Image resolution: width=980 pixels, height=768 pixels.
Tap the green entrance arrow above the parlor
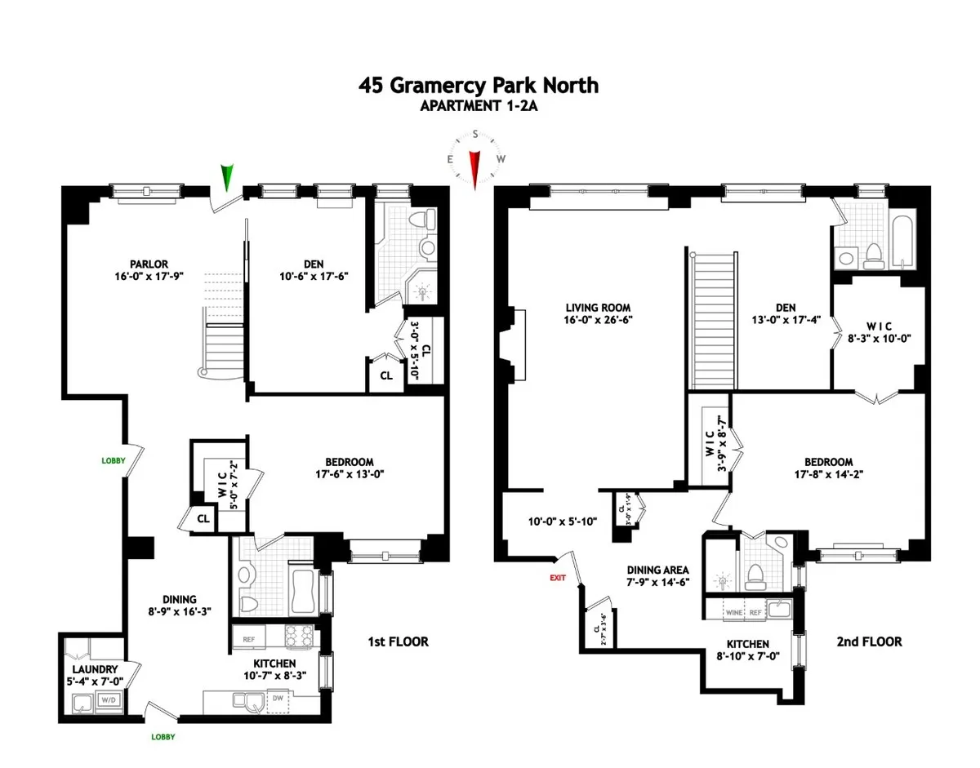(229, 177)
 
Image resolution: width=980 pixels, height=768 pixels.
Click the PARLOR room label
(147, 264)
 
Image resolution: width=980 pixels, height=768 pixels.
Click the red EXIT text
(558, 577)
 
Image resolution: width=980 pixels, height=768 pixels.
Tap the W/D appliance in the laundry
(108, 699)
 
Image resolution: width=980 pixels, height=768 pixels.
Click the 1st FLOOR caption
(397, 642)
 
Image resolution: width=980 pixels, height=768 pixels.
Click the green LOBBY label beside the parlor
(114, 460)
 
